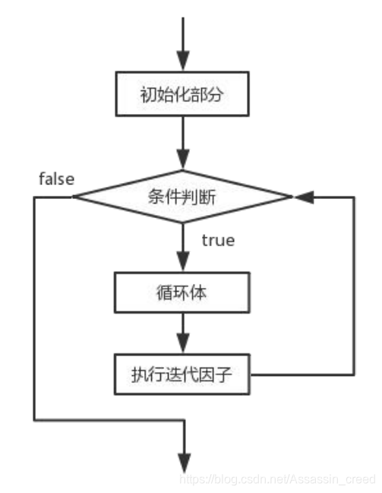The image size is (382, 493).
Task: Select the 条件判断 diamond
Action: click(x=183, y=197)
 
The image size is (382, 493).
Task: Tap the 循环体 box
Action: click(x=183, y=292)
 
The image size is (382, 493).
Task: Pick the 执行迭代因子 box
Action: click(x=183, y=374)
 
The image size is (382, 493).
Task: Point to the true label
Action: click(x=217, y=241)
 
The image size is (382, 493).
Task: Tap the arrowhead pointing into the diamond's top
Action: click(x=183, y=161)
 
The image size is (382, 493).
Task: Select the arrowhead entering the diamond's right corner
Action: click(x=302, y=197)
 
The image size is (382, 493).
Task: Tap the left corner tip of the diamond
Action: click(x=74, y=197)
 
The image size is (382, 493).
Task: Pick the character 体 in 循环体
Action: click(x=201, y=292)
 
